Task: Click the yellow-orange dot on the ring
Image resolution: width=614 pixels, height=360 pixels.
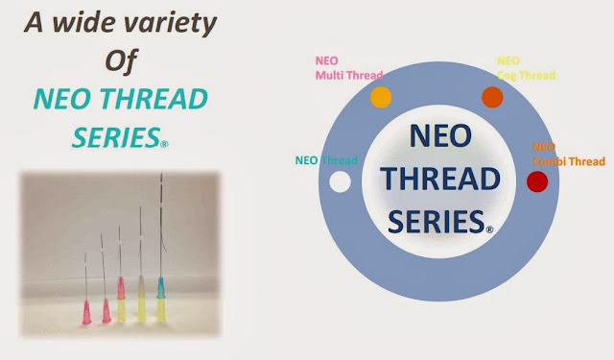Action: pyautogui.click(x=381, y=97)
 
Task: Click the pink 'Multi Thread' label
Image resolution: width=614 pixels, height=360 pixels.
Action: pyautogui.click(x=347, y=73)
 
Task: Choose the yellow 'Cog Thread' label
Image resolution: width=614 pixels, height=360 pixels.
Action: pyautogui.click(x=526, y=73)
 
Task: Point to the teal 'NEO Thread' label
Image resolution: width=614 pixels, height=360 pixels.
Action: pyautogui.click(x=325, y=160)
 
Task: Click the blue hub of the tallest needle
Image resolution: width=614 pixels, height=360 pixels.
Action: pyautogui.click(x=162, y=289)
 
